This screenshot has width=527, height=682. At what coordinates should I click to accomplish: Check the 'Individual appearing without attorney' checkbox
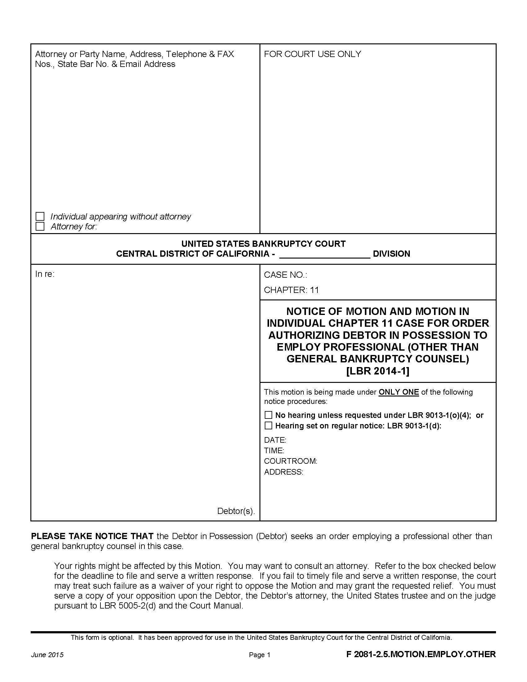click(x=40, y=216)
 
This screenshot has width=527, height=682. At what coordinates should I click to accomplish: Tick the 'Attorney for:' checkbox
click(x=40, y=226)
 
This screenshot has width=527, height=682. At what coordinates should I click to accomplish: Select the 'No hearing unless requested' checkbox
click(x=268, y=415)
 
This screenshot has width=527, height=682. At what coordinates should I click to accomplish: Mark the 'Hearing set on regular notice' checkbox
click(x=268, y=426)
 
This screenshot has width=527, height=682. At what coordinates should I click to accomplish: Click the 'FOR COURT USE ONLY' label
click(x=312, y=54)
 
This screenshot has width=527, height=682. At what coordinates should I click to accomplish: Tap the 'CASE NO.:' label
click(x=285, y=275)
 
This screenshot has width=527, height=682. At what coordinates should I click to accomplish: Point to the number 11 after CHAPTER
click(x=314, y=290)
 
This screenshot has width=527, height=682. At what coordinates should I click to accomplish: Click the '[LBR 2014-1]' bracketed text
click(x=378, y=371)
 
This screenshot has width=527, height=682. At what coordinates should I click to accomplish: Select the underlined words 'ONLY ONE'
click(x=398, y=392)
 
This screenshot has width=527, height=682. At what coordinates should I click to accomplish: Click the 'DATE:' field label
click(x=275, y=440)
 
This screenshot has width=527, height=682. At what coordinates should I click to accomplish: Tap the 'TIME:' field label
click(x=274, y=450)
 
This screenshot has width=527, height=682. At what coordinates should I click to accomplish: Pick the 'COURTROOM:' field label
click(x=290, y=461)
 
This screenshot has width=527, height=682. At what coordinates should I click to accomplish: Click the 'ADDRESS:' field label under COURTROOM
click(x=283, y=472)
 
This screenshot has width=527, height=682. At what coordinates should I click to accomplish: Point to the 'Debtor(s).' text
click(x=236, y=511)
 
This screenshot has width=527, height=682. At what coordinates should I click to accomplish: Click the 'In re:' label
click(x=45, y=274)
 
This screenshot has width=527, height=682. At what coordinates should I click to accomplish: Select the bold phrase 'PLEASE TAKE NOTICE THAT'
click(x=92, y=536)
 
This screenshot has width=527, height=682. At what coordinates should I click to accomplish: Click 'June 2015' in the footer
click(x=47, y=655)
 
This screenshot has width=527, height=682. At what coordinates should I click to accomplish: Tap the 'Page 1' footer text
click(x=259, y=655)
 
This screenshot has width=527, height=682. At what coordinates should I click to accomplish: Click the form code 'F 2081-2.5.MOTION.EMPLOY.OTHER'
click(x=421, y=654)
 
